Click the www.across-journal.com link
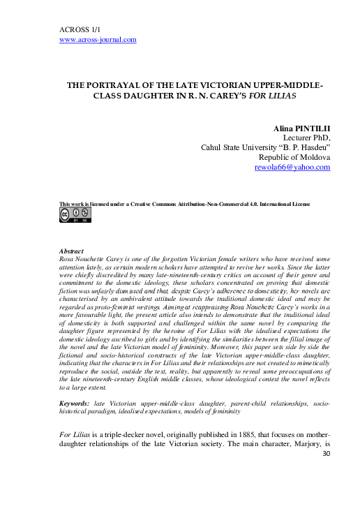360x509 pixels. (98, 40)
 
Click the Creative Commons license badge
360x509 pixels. (74, 214)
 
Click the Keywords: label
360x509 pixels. (76, 404)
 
